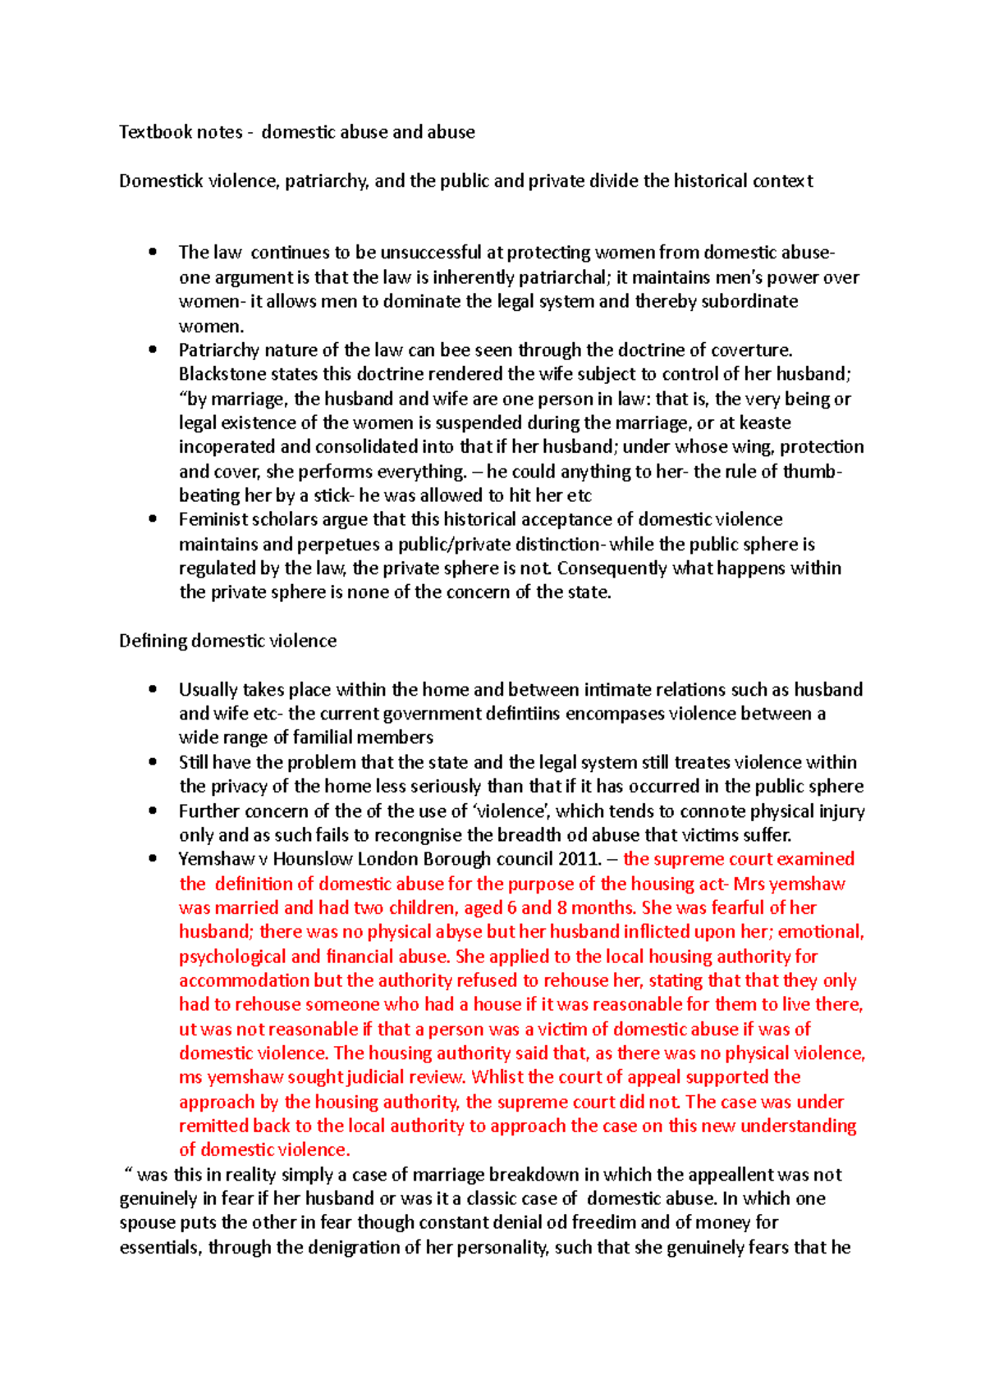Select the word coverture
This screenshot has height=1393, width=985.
coord(751,350)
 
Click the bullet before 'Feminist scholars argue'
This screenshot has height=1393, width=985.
coord(153,519)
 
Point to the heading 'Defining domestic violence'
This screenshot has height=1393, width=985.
coord(227,641)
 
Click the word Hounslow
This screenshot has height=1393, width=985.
coord(312,859)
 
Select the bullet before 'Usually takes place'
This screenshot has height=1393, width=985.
coord(153,689)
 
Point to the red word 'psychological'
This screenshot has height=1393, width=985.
coord(232,957)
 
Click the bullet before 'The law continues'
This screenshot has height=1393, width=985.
coord(153,253)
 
